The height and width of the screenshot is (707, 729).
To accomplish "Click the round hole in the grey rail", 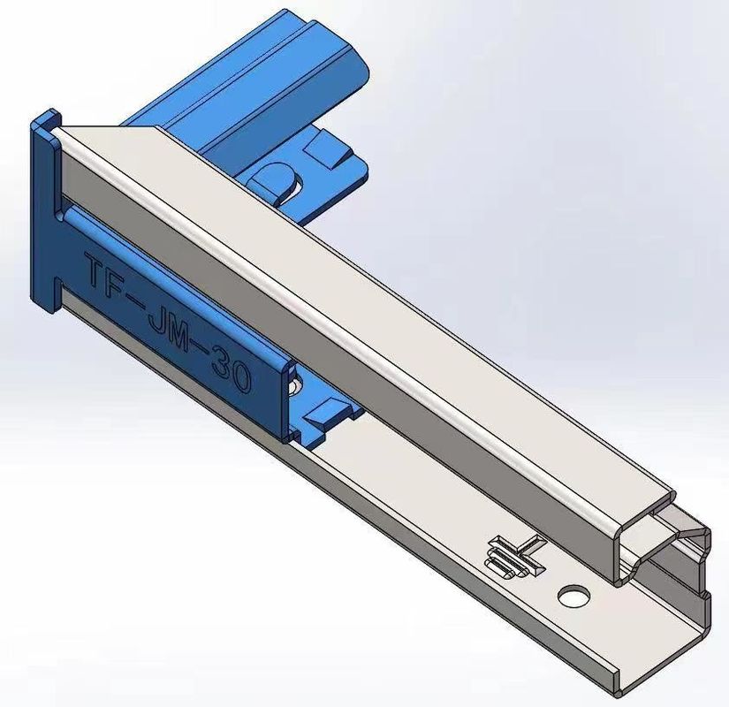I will [x=574, y=597].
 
